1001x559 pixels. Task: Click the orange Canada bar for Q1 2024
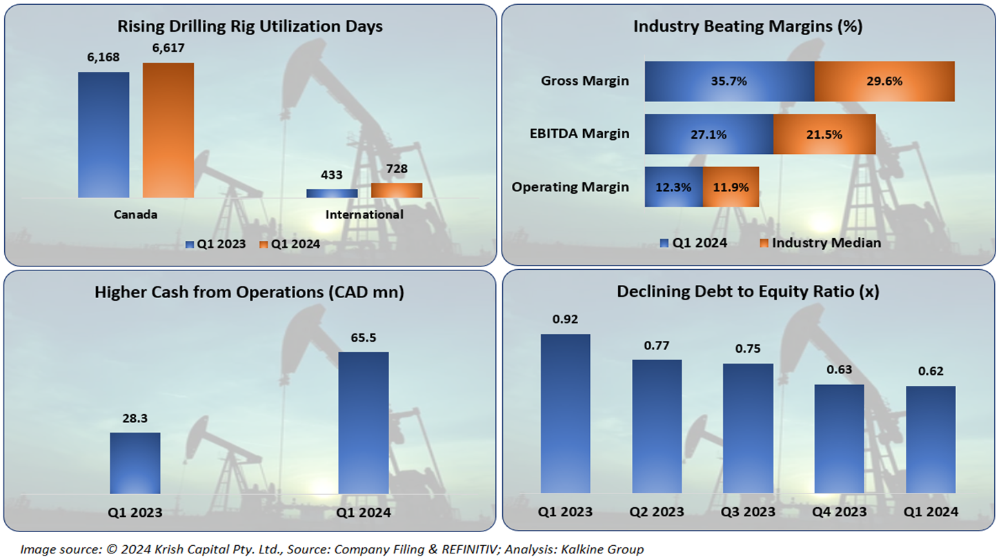[x=168, y=130]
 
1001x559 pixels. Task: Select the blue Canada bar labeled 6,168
[x=103, y=135]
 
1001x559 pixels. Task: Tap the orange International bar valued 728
[x=397, y=190]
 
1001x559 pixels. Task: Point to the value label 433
[x=331, y=176]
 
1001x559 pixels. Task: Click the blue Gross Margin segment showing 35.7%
[x=729, y=81]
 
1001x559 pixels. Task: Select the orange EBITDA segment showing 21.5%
[x=824, y=134]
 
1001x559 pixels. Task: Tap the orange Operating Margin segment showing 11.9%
[x=731, y=186]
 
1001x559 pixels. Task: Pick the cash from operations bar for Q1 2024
[x=364, y=422]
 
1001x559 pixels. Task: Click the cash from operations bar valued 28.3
[x=135, y=462]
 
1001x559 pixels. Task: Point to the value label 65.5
[x=364, y=338]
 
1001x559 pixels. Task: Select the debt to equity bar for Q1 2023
[x=565, y=413]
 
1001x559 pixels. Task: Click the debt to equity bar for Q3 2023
[x=748, y=428]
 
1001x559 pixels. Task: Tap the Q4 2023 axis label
[x=840, y=512]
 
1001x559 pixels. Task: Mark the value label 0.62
[x=930, y=371]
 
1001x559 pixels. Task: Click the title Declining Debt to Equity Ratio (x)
[x=748, y=291]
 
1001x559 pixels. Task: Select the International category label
[x=364, y=215]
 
